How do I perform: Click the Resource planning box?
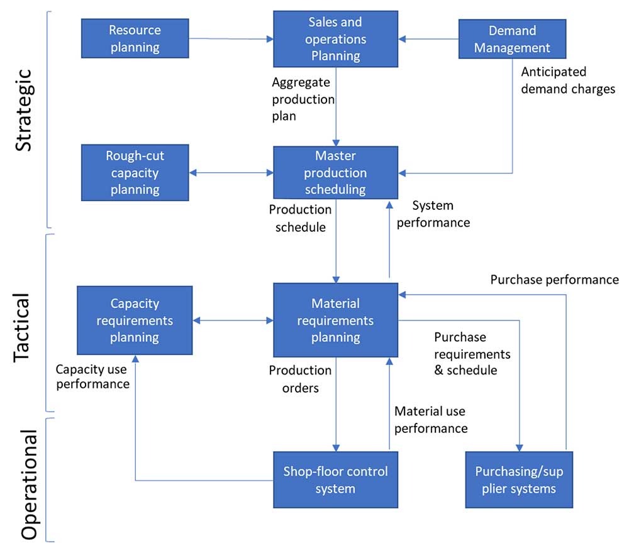pos(135,38)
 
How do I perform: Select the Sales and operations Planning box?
pos(335,39)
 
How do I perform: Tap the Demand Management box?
pos(512,39)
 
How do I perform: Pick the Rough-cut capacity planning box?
pos(135,173)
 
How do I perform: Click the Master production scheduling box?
pos(335,173)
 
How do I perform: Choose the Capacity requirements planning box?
pos(135,320)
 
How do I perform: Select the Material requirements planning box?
pos(335,320)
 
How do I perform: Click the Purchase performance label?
pos(554,280)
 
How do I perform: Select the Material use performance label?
pos(431,420)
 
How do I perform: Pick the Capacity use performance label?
pos(93,376)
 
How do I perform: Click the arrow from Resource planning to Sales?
pos(231,39)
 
